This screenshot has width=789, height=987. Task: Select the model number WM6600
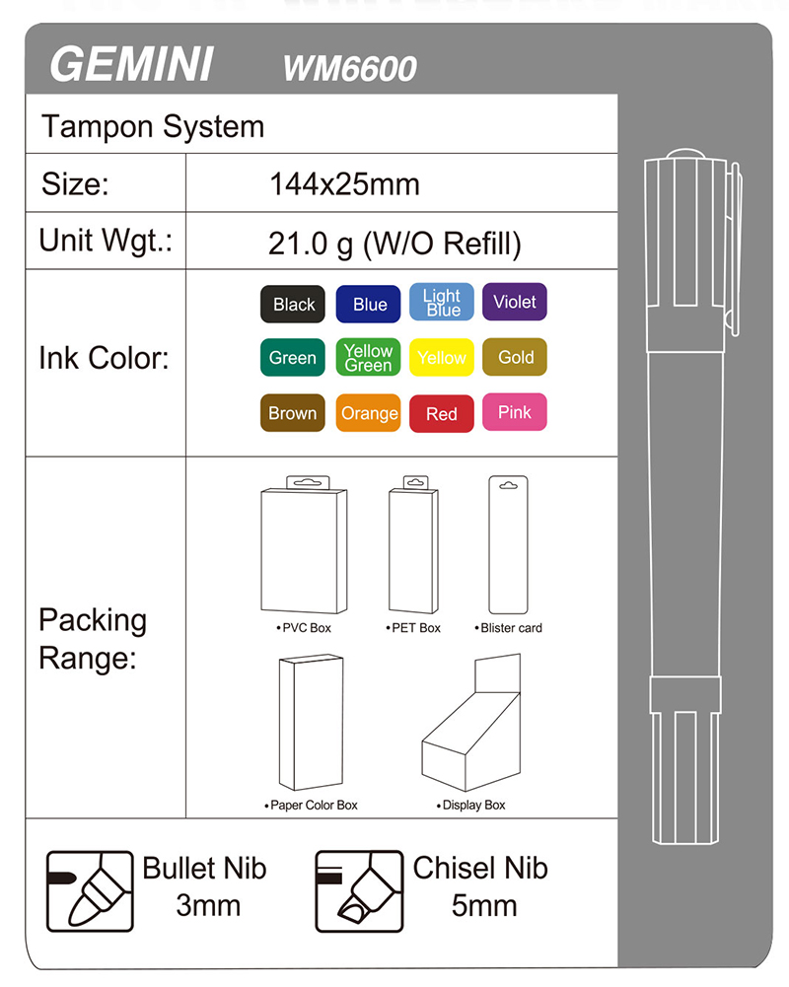pos(349,68)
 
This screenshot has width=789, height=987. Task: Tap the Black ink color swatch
pos(293,305)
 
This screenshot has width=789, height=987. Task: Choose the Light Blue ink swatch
pos(441,303)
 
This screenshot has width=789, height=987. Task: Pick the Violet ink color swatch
pos(514,302)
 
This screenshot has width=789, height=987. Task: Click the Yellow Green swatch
pos(368,358)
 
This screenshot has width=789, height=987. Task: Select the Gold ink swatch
pos(515,358)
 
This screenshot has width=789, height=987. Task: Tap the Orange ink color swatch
pos(368,413)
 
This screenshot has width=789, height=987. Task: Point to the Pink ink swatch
pos(514,413)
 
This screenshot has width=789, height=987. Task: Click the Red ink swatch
pos(441,413)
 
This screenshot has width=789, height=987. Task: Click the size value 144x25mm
pos(344,184)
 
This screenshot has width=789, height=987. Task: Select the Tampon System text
pos(153,127)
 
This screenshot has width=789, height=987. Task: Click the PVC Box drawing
pos(304,549)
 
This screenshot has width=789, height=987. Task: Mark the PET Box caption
pos(414,628)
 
